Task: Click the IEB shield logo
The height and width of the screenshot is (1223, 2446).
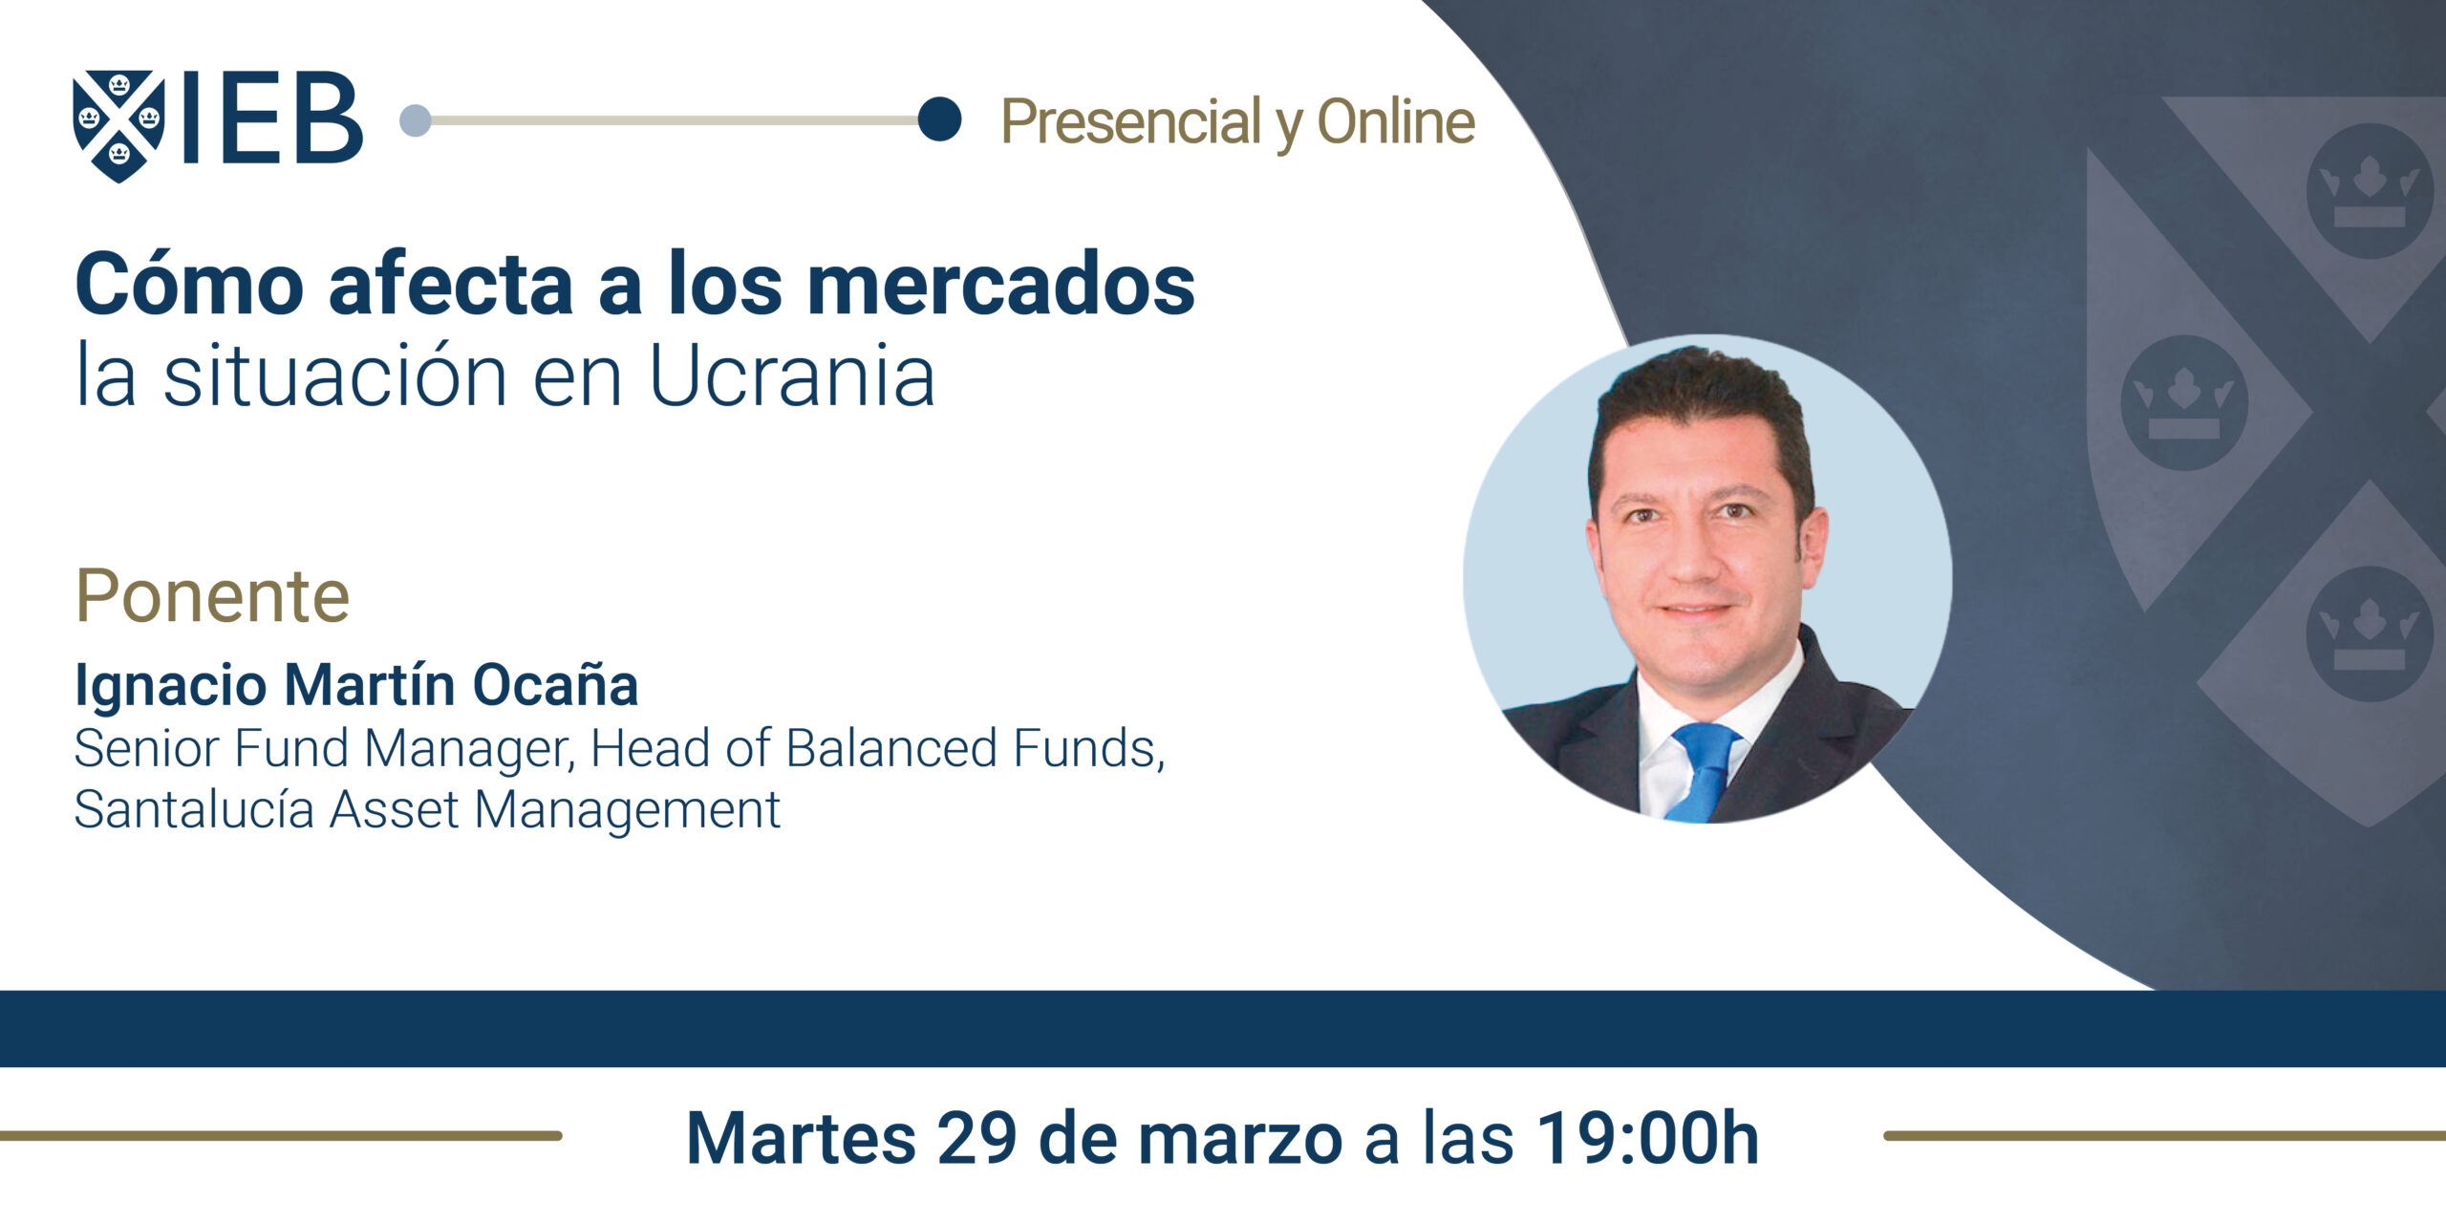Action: pyautogui.click(x=118, y=125)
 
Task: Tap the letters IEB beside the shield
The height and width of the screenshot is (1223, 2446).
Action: pyautogui.click(x=271, y=118)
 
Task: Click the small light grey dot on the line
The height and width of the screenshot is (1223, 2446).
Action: pyautogui.click(x=415, y=120)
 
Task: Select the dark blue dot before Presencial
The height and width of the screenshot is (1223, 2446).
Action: pyautogui.click(x=939, y=119)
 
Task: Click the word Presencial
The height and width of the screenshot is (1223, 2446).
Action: pyautogui.click(x=1131, y=122)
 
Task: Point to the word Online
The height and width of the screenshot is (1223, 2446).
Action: pyautogui.click(x=1396, y=121)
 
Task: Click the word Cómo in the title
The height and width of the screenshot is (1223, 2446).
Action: pyautogui.click(x=189, y=283)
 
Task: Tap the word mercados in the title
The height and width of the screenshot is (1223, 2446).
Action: pyautogui.click(x=1000, y=283)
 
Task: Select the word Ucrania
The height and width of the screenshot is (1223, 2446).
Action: pyautogui.click(x=792, y=375)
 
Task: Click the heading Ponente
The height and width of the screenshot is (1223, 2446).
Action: pyautogui.click(x=213, y=595)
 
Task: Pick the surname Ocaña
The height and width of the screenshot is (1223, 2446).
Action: pyautogui.click(x=555, y=684)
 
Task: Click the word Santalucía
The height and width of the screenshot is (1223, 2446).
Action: pyautogui.click(x=195, y=809)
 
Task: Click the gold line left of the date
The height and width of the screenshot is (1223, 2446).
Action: pyautogui.click(x=281, y=1135)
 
